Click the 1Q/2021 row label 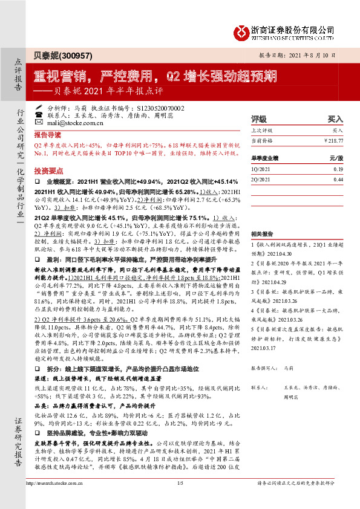click(261, 170)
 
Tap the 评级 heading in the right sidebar click(259, 119)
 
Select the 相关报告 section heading click(261, 233)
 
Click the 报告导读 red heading click(47, 134)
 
